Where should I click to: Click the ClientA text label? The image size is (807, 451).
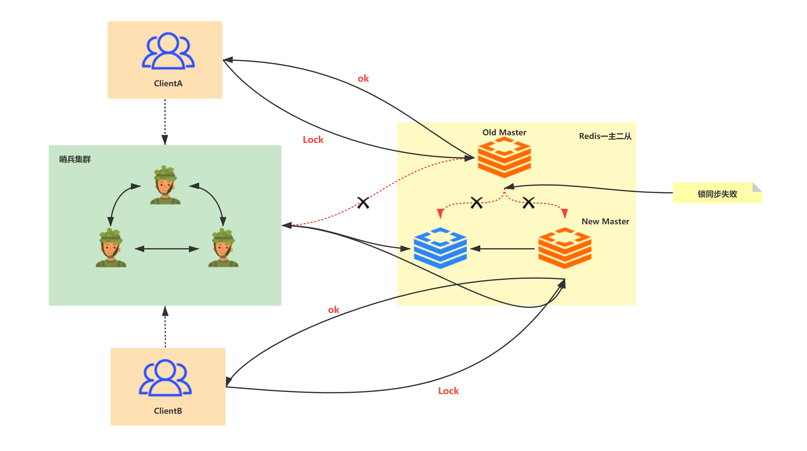coord(168,84)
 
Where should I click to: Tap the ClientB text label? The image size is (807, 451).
coord(168,411)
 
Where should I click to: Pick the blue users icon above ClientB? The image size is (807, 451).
coord(165,378)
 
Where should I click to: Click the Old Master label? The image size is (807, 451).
coord(504,132)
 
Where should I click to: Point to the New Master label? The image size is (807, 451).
coord(605,222)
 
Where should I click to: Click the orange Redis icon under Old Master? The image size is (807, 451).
coord(504,158)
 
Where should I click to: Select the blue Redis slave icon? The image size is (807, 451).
coord(440,248)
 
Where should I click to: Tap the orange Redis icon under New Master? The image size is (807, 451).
coord(565,248)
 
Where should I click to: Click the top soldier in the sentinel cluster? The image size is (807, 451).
coord(165,185)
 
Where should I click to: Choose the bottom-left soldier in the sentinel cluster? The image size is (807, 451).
coord(111,248)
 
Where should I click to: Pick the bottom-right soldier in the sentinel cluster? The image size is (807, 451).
coord(223,248)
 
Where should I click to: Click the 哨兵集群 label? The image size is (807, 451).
coord(75,159)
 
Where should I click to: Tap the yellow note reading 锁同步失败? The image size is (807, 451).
coord(718,193)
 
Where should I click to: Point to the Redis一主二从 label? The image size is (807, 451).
coord(605,136)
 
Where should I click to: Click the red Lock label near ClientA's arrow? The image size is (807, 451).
coord(313,140)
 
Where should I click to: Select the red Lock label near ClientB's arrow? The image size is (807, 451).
coord(448,391)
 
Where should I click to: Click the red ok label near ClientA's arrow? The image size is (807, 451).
coord(363,79)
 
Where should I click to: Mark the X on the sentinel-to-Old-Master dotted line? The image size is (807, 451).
coord(363,202)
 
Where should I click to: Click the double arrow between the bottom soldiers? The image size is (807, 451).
coord(167,249)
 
